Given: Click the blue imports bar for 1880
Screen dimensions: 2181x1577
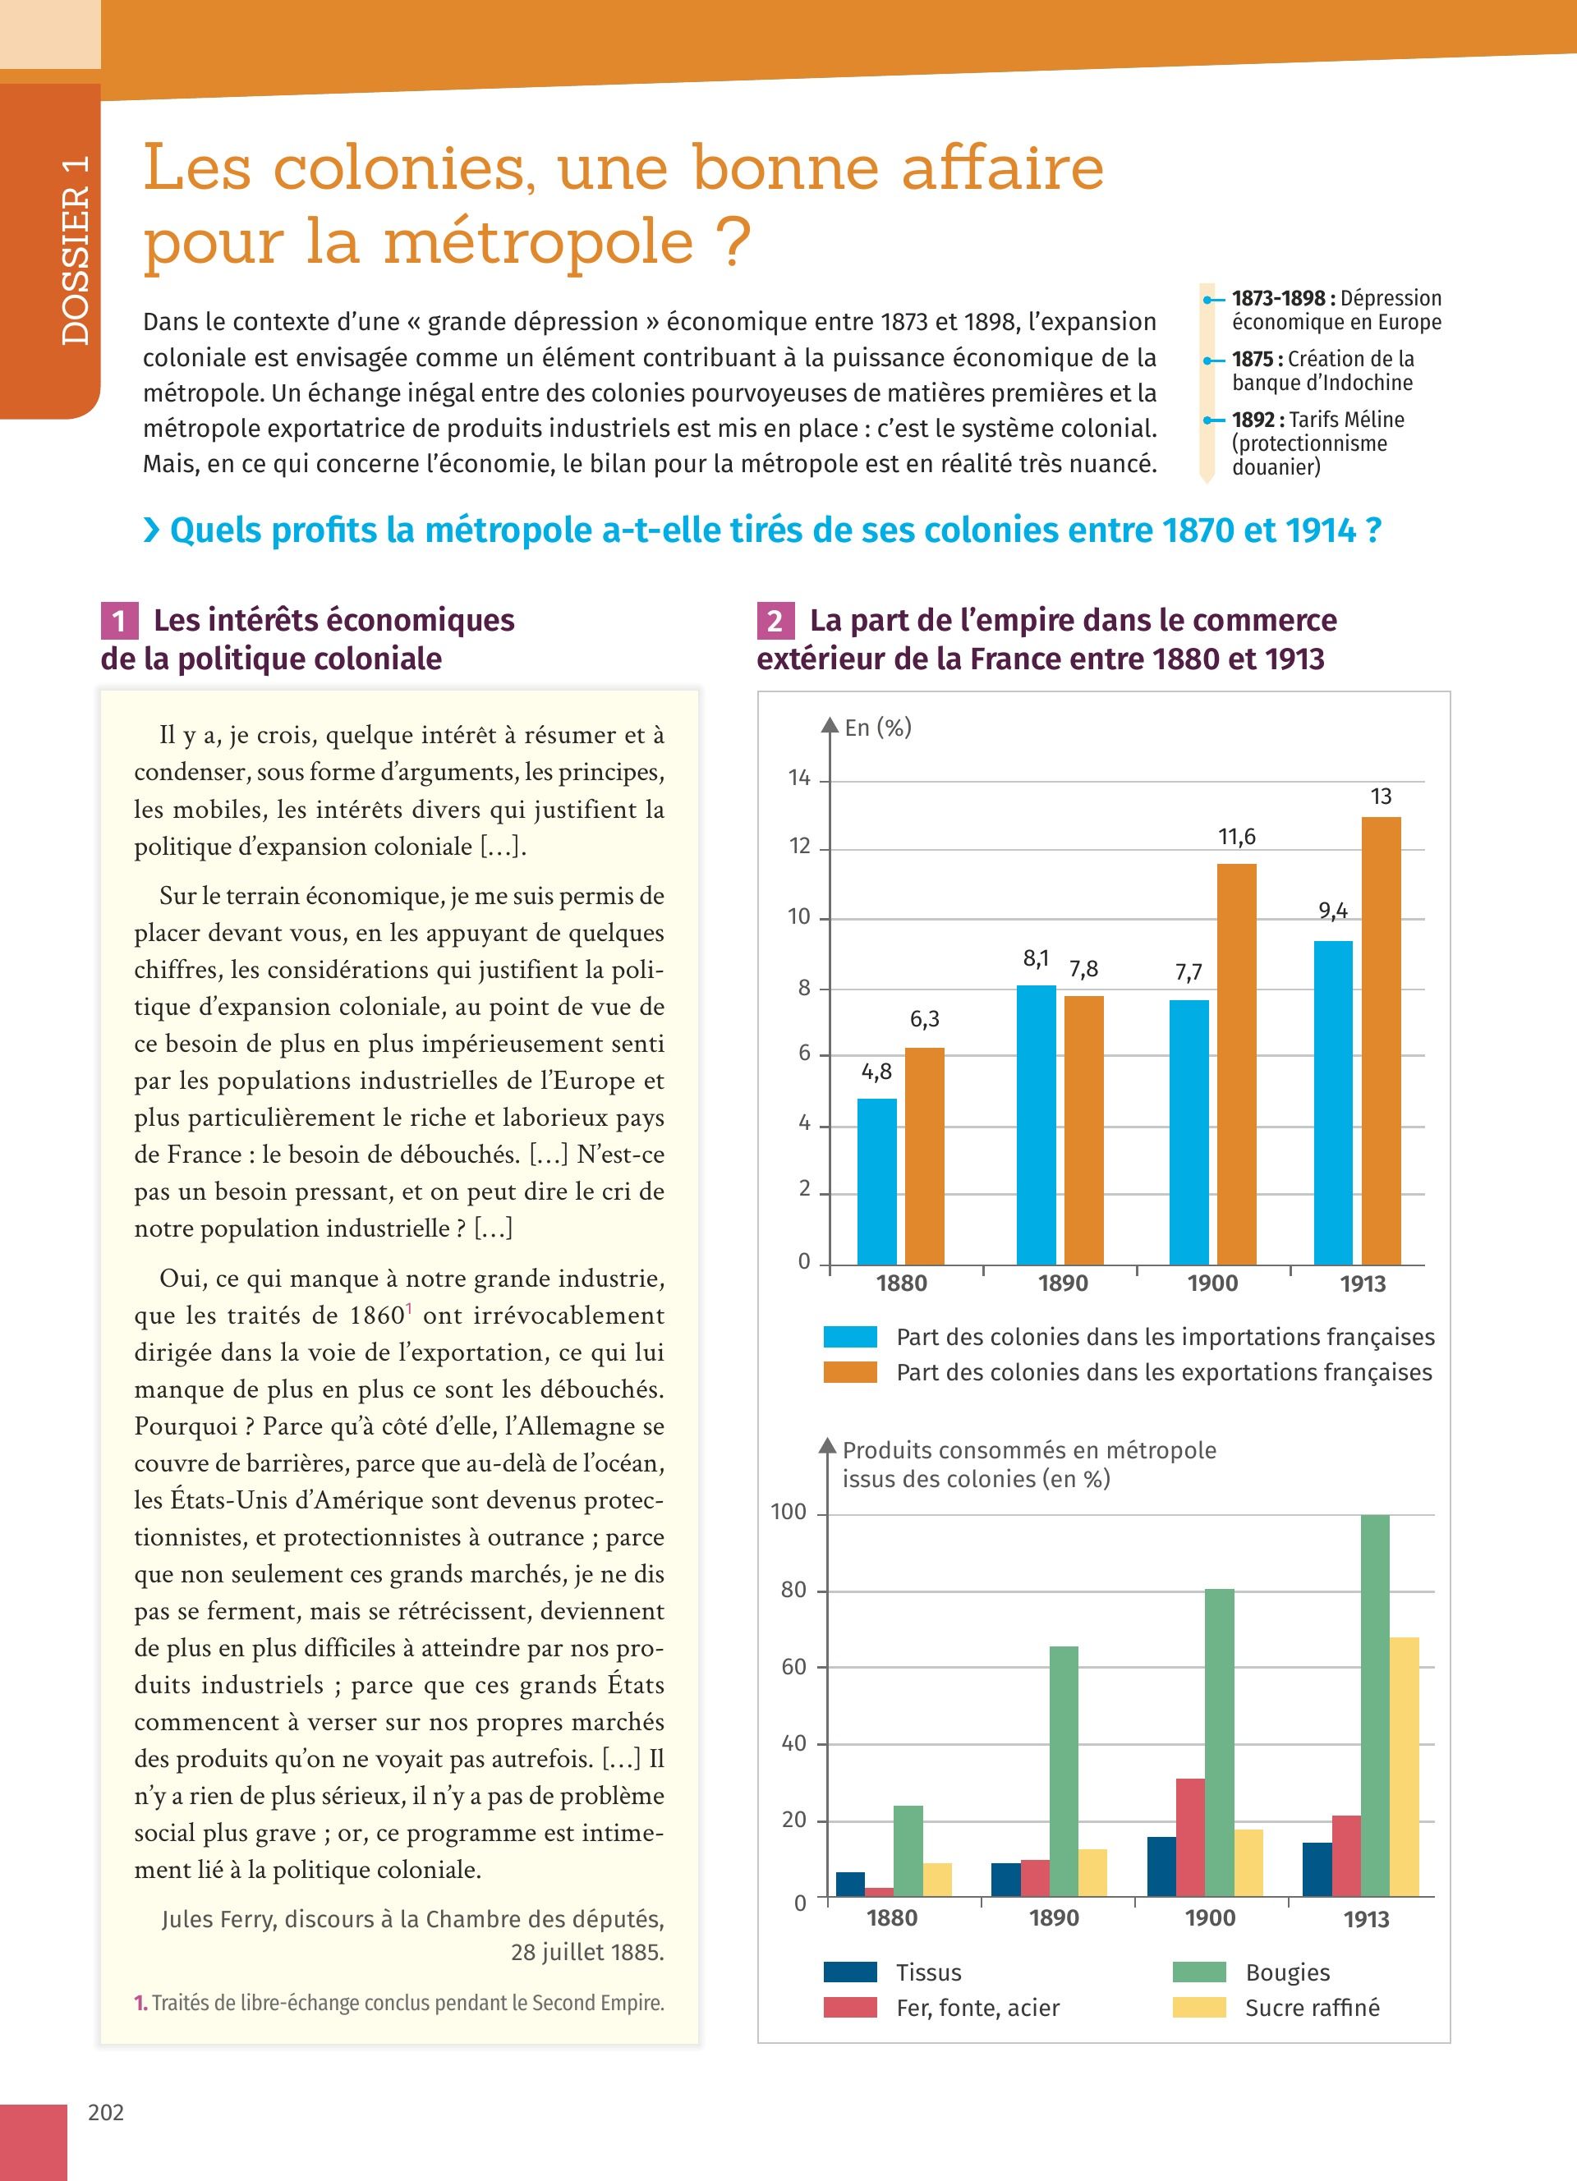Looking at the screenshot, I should tap(877, 1181).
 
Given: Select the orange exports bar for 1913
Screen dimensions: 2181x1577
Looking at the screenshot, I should tap(1381, 1040).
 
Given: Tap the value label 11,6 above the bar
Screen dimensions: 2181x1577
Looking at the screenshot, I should tap(1237, 837).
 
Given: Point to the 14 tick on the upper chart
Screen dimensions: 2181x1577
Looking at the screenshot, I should tap(800, 778).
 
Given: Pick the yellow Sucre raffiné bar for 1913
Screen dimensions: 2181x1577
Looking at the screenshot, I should tap(1404, 1766).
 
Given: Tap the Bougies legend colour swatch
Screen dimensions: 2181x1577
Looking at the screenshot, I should tap(1199, 1972).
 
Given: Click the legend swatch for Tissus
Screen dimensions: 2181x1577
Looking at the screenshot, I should tap(850, 1972).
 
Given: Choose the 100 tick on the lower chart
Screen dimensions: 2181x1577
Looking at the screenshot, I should tap(788, 1512).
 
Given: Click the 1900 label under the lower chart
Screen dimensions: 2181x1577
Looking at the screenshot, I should tap(1210, 1917).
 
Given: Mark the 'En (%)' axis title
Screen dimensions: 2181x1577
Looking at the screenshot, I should tap(878, 728).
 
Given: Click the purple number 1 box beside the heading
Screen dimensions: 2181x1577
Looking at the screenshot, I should tap(119, 620).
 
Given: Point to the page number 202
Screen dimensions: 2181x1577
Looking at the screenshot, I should tap(106, 2112).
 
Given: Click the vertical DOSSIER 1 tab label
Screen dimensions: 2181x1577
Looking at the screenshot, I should tap(74, 250).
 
